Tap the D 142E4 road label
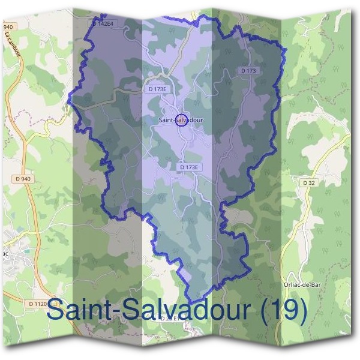pos(103,23)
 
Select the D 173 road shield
pos(248,71)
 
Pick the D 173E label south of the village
pos(188,167)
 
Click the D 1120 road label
pos(37,304)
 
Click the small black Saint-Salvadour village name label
pos(181,120)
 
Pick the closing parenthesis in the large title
pos(303,311)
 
